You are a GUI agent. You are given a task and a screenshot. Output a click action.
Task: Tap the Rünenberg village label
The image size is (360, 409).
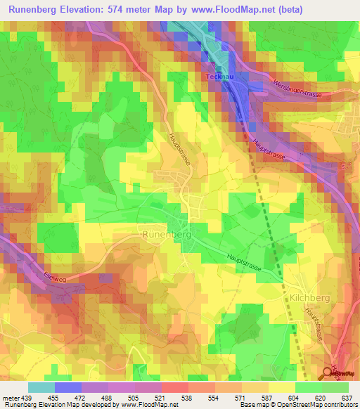tap(167, 234)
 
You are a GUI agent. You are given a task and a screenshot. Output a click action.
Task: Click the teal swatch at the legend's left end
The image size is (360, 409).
tap(41, 387)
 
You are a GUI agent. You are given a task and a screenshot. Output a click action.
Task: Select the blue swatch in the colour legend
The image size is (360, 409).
tap(67, 387)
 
